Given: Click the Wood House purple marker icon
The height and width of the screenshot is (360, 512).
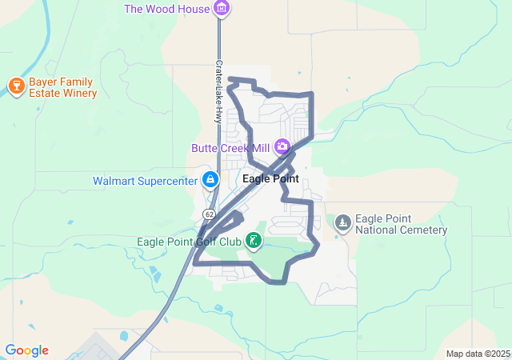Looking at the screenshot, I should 222,9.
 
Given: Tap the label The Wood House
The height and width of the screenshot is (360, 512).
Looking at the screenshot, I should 166,9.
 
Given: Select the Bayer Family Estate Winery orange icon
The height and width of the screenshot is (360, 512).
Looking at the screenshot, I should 15,84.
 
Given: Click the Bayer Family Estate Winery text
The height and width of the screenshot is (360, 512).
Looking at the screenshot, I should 62,87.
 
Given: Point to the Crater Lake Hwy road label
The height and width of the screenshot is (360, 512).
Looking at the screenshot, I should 218,91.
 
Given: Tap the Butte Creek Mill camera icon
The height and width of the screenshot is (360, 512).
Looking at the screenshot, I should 282,146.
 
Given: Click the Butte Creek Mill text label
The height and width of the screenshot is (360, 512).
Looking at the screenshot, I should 230,148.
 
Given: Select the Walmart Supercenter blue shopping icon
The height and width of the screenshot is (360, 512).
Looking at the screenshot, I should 210,179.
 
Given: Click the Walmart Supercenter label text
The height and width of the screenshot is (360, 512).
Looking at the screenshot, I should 145,181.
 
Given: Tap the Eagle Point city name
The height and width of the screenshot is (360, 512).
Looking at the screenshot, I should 270,179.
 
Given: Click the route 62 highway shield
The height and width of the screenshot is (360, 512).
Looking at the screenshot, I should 209,214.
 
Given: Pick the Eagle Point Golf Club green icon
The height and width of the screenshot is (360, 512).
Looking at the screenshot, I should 254,240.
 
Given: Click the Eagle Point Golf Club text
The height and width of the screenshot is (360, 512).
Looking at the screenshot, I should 189,242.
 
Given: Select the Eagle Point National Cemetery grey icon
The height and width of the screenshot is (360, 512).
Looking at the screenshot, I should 342,222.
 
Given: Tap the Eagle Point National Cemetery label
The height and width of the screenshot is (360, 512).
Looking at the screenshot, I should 400,225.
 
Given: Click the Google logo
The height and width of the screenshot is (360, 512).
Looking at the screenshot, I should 26,350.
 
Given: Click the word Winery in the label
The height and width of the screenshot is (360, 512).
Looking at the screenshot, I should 78,94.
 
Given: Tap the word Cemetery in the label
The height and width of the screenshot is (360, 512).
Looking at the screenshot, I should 422,230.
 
